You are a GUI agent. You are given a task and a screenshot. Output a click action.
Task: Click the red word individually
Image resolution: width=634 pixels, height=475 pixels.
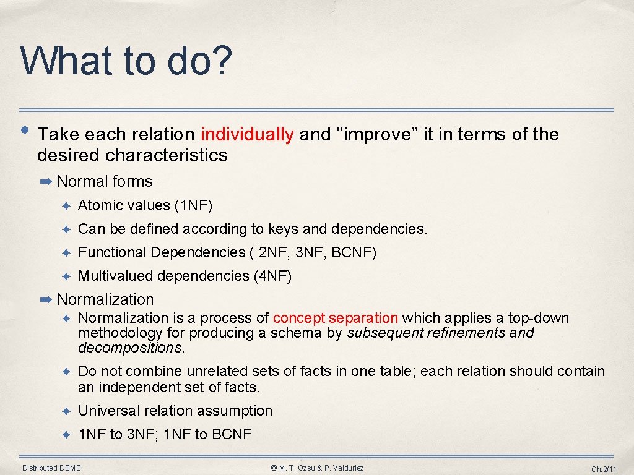pos(247,134)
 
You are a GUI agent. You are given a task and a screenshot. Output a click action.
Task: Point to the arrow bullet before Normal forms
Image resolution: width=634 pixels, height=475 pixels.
pos(46,181)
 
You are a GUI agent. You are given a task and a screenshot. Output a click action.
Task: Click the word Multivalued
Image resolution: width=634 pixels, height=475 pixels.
pos(116,276)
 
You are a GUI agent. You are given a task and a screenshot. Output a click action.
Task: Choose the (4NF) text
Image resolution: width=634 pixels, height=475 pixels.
pos(272,276)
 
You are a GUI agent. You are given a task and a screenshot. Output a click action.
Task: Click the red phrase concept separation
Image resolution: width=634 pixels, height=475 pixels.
pos(335,318)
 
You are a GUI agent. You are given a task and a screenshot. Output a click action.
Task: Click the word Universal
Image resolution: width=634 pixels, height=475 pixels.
pos(109,411)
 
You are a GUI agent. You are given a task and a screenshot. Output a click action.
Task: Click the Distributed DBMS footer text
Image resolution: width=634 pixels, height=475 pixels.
pos(51,468)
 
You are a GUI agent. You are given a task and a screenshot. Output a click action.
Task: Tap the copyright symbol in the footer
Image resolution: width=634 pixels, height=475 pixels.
pos(274,468)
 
